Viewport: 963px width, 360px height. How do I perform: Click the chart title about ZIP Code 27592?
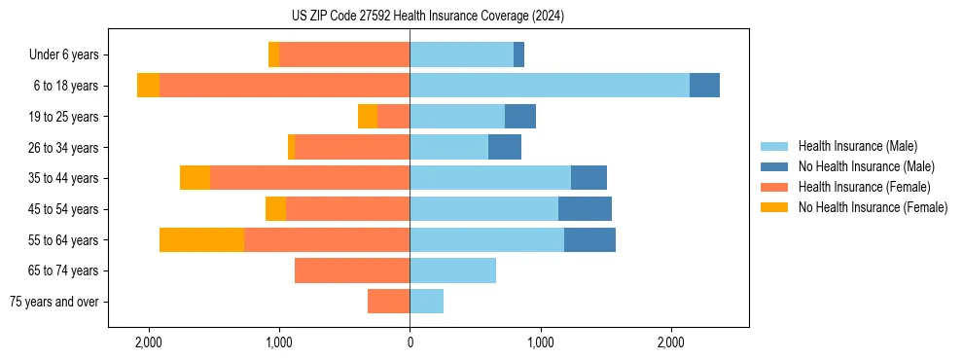coord(427,17)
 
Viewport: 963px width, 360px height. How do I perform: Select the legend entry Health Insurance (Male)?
coord(856,146)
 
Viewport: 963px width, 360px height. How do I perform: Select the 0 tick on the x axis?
coord(410,342)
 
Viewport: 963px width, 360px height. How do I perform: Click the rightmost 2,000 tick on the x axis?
coord(670,342)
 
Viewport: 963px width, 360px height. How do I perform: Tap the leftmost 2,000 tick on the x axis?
coord(149,342)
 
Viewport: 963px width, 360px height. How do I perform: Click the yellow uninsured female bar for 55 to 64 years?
coord(201,239)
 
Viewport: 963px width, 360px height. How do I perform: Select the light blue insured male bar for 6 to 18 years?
coord(550,86)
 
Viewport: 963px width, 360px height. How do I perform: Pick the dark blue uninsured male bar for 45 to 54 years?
coord(585,208)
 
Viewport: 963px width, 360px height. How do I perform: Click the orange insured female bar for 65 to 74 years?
coord(352,270)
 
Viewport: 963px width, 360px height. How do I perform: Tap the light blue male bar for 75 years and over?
coord(426,302)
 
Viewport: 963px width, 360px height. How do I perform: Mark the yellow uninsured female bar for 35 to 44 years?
coord(195,178)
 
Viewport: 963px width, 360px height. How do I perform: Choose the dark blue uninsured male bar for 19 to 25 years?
coord(520,116)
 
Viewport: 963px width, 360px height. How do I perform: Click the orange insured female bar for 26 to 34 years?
coord(352,147)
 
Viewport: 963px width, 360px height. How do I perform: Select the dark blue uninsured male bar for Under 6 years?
coord(518,54)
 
